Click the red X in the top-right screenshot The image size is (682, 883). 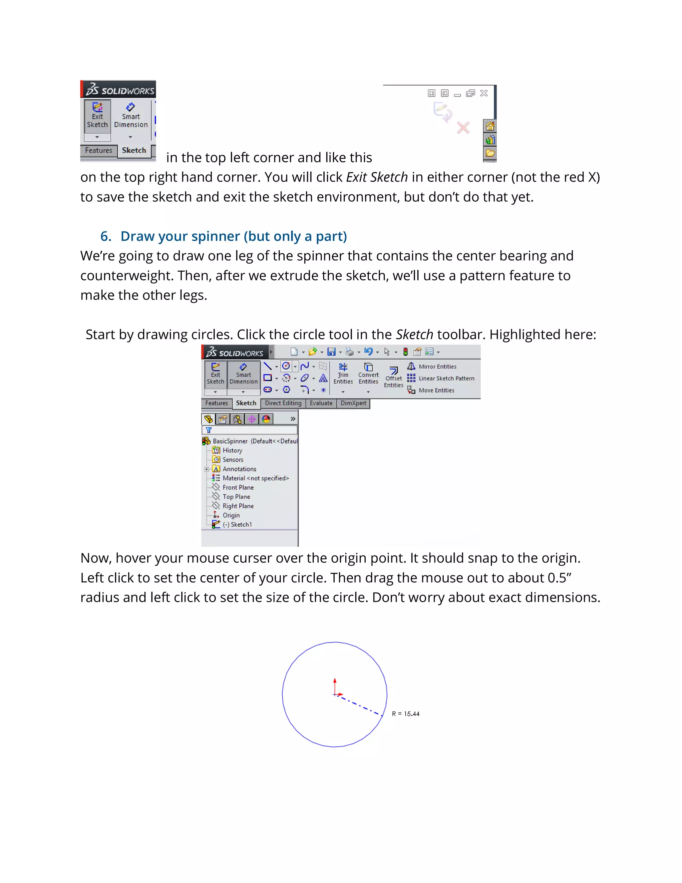[463, 128]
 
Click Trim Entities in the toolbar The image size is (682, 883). [343, 374]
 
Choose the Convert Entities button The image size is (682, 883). [368, 374]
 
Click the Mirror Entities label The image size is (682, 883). [437, 366]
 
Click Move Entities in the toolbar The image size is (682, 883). [436, 390]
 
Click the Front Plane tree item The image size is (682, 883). [238, 487]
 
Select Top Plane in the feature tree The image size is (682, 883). [236, 497]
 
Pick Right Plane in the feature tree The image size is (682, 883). [238, 506]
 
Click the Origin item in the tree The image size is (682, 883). [231, 515]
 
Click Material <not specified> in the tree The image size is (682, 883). [255, 478]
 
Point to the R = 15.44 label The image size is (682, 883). [405, 714]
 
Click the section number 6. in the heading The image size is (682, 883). [106, 237]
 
